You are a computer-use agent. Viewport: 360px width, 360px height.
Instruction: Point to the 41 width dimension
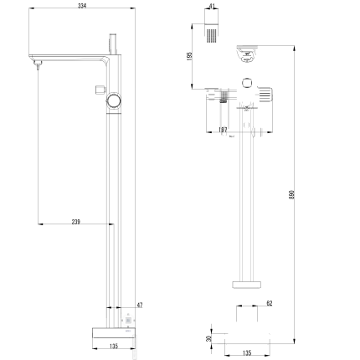[x=213, y=6]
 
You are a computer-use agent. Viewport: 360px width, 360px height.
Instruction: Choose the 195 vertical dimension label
[x=191, y=56]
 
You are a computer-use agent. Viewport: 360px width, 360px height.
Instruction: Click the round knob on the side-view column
[x=113, y=101]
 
